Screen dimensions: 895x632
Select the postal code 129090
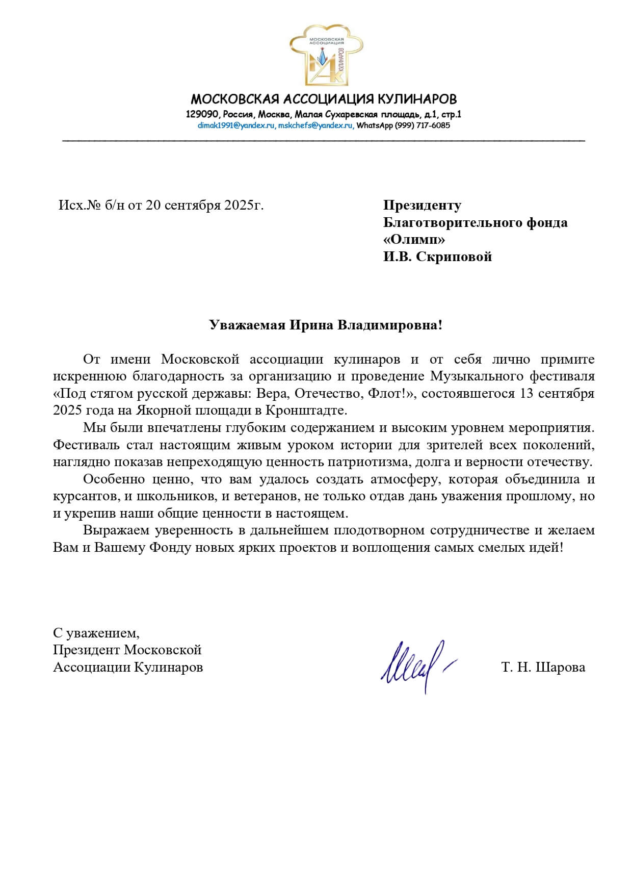[x=202, y=115]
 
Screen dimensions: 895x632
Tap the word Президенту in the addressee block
[x=422, y=206]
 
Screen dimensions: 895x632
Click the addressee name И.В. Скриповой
[x=438, y=257]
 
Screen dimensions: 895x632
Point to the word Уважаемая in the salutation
[x=247, y=325]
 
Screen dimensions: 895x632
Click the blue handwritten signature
[x=415, y=664]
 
